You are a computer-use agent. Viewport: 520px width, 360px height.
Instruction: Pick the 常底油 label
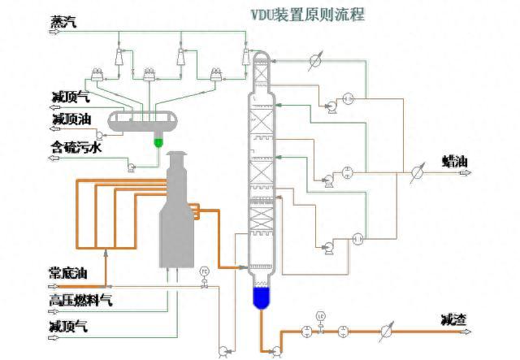coord(69,271)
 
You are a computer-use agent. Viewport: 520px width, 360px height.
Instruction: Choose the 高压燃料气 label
coord(80,300)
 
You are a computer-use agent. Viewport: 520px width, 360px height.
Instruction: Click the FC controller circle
coord(205,271)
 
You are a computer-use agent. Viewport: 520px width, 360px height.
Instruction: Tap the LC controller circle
coord(322,315)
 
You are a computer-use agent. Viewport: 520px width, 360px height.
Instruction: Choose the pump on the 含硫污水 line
coord(129,167)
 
